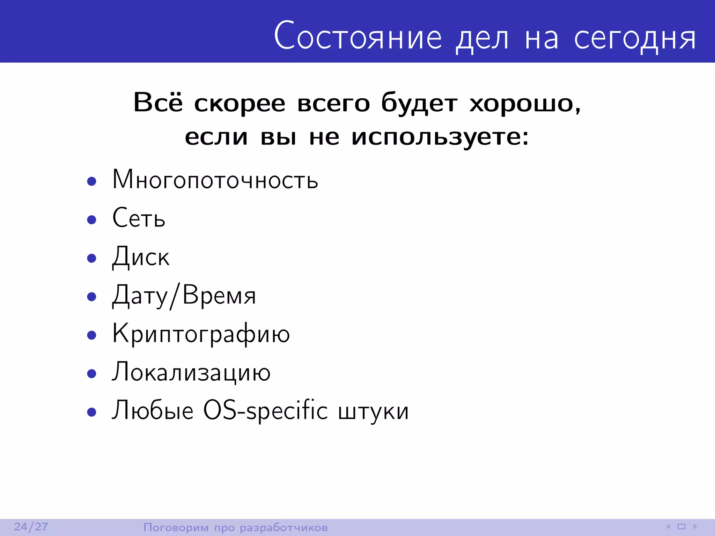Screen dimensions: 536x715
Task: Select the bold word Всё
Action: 158,103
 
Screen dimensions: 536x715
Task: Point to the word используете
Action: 440,137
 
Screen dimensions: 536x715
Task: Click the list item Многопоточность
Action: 215,180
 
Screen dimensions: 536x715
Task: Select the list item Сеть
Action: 139,218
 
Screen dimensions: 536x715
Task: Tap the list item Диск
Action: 141,257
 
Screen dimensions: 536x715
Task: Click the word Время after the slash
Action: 219,296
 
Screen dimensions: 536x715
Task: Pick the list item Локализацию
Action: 191,372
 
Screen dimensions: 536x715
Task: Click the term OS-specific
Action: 265,411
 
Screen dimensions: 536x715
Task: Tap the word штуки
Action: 373,411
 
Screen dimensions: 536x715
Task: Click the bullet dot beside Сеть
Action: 91,219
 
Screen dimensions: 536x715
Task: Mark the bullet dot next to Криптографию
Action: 91,335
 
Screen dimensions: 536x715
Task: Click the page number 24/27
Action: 31,527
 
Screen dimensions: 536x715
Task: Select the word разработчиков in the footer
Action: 283,528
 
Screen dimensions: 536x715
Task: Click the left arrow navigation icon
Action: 668,527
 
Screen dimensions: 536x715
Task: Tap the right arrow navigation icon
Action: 695,527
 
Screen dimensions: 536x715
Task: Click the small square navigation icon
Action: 681,527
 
